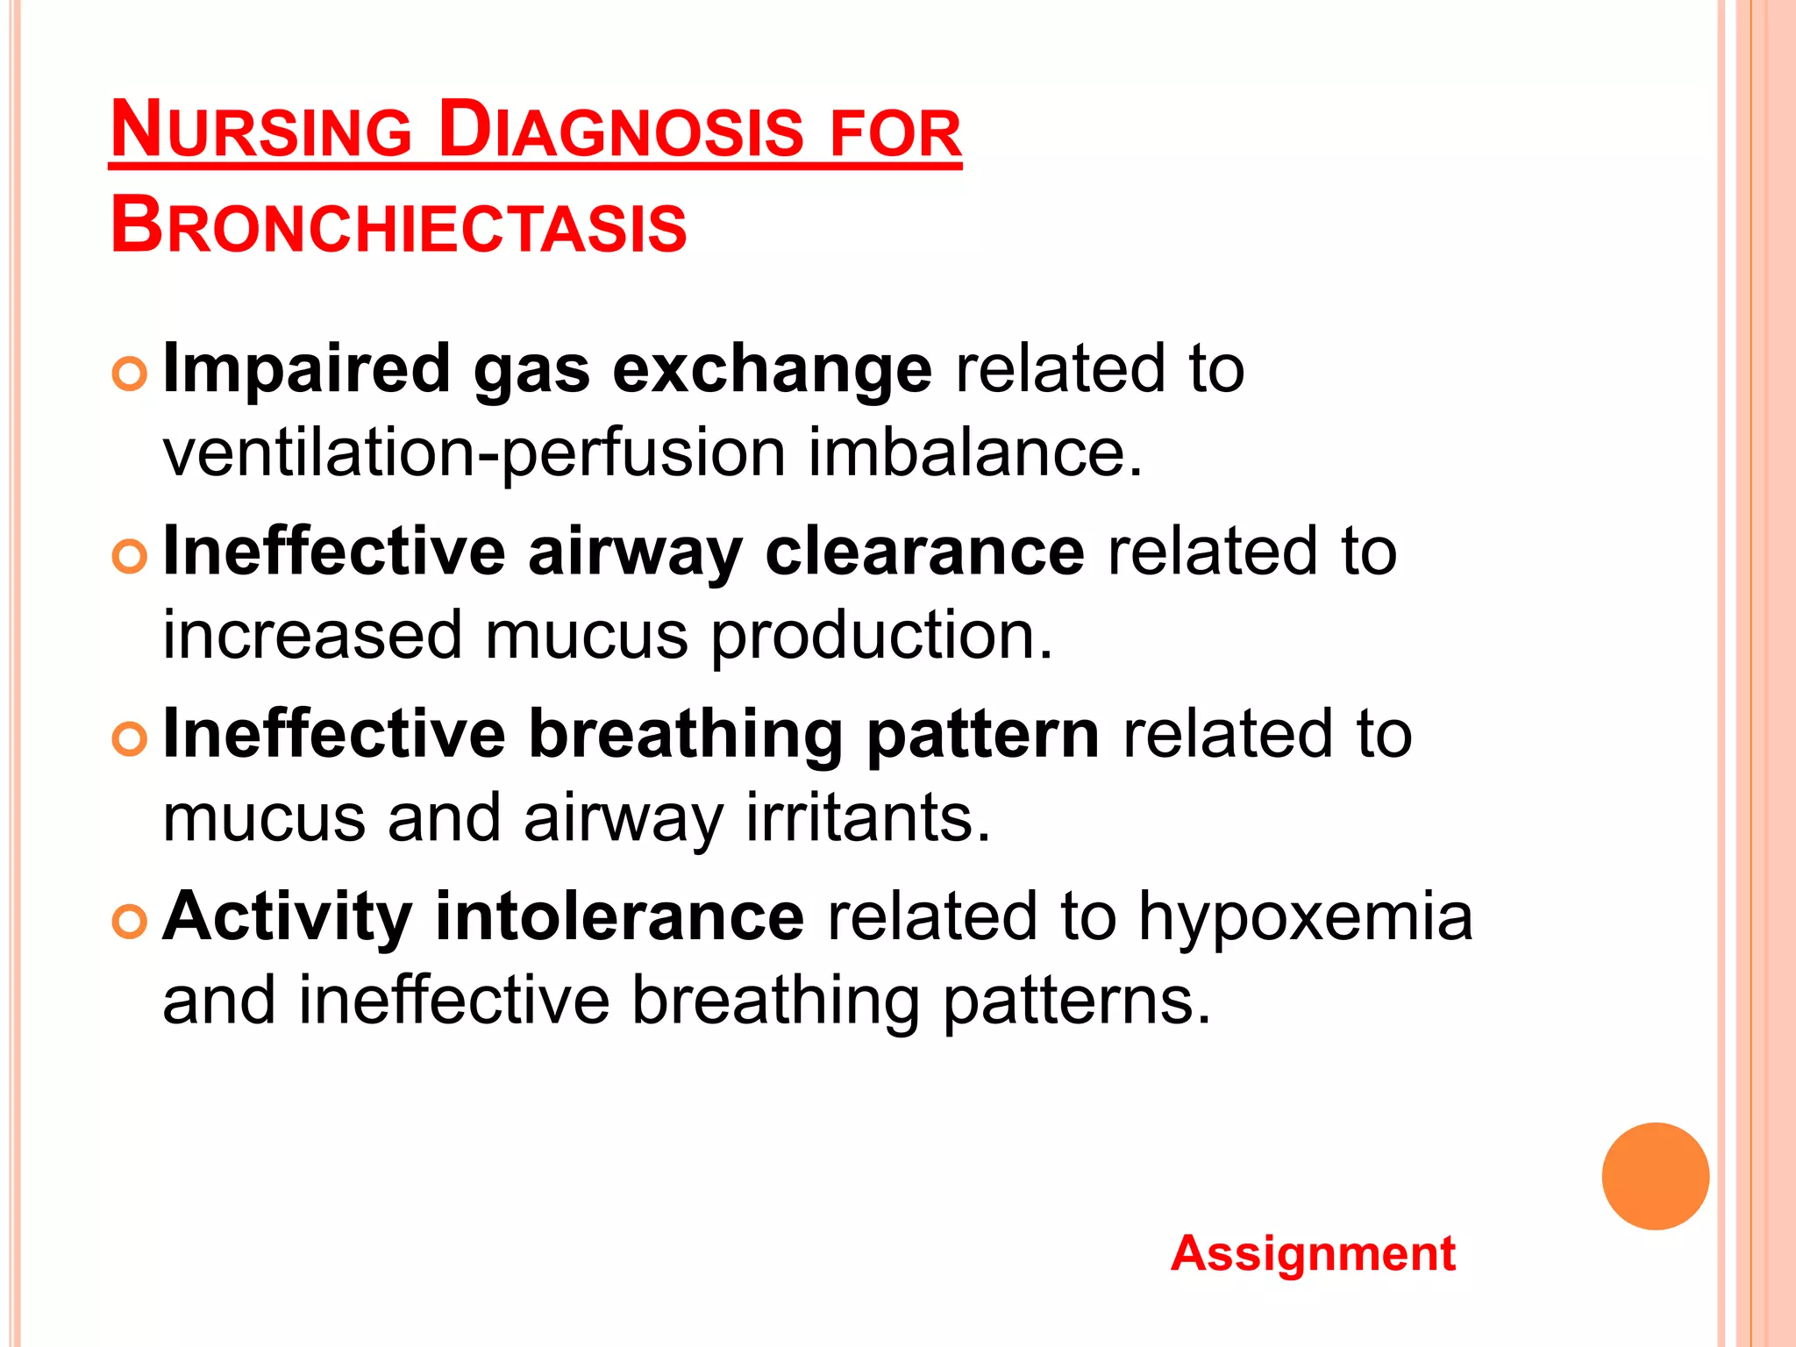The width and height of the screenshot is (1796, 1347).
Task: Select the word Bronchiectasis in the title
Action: point(399,226)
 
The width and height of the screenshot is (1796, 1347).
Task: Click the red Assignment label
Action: point(1313,1253)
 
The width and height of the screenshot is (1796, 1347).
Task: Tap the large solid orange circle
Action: point(1655,1176)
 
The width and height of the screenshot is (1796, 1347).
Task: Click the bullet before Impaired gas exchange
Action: point(130,374)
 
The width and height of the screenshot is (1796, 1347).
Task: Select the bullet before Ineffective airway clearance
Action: point(130,557)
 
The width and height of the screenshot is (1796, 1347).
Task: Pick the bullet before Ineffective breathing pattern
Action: point(130,739)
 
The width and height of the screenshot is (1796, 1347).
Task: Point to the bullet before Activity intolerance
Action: point(130,922)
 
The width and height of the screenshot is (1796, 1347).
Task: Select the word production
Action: point(881,637)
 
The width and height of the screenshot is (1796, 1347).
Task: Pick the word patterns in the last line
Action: point(1077,1001)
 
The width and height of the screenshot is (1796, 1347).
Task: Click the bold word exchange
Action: point(772,370)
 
